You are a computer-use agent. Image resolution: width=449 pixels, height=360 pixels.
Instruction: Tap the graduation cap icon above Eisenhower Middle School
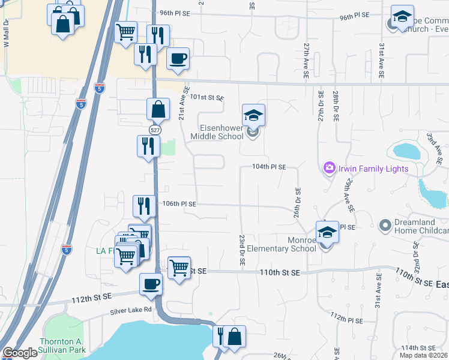click(254, 115)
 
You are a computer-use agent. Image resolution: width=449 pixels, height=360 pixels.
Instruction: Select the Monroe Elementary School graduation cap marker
click(328, 232)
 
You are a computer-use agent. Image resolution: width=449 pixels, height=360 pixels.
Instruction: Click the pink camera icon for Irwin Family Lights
click(328, 169)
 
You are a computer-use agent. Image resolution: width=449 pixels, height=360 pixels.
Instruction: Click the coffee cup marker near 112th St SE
click(151, 284)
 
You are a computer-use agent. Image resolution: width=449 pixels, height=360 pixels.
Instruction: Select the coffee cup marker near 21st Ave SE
click(178, 59)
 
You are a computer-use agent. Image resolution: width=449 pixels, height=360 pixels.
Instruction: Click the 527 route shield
click(154, 130)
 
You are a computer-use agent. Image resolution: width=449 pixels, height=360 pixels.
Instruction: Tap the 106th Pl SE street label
click(179, 204)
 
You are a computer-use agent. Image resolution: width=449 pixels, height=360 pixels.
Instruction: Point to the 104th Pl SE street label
click(268, 167)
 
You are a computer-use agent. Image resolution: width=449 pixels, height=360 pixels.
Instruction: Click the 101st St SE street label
click(206, 97)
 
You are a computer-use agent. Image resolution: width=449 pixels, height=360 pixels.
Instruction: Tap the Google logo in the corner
click(20, 353)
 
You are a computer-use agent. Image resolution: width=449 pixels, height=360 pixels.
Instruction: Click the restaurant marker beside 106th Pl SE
click(144, 206)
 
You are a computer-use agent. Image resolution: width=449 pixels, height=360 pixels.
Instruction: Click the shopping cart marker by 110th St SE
click(179, 267)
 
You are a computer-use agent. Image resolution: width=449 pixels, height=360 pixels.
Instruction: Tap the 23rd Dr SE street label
click(242, 251)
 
